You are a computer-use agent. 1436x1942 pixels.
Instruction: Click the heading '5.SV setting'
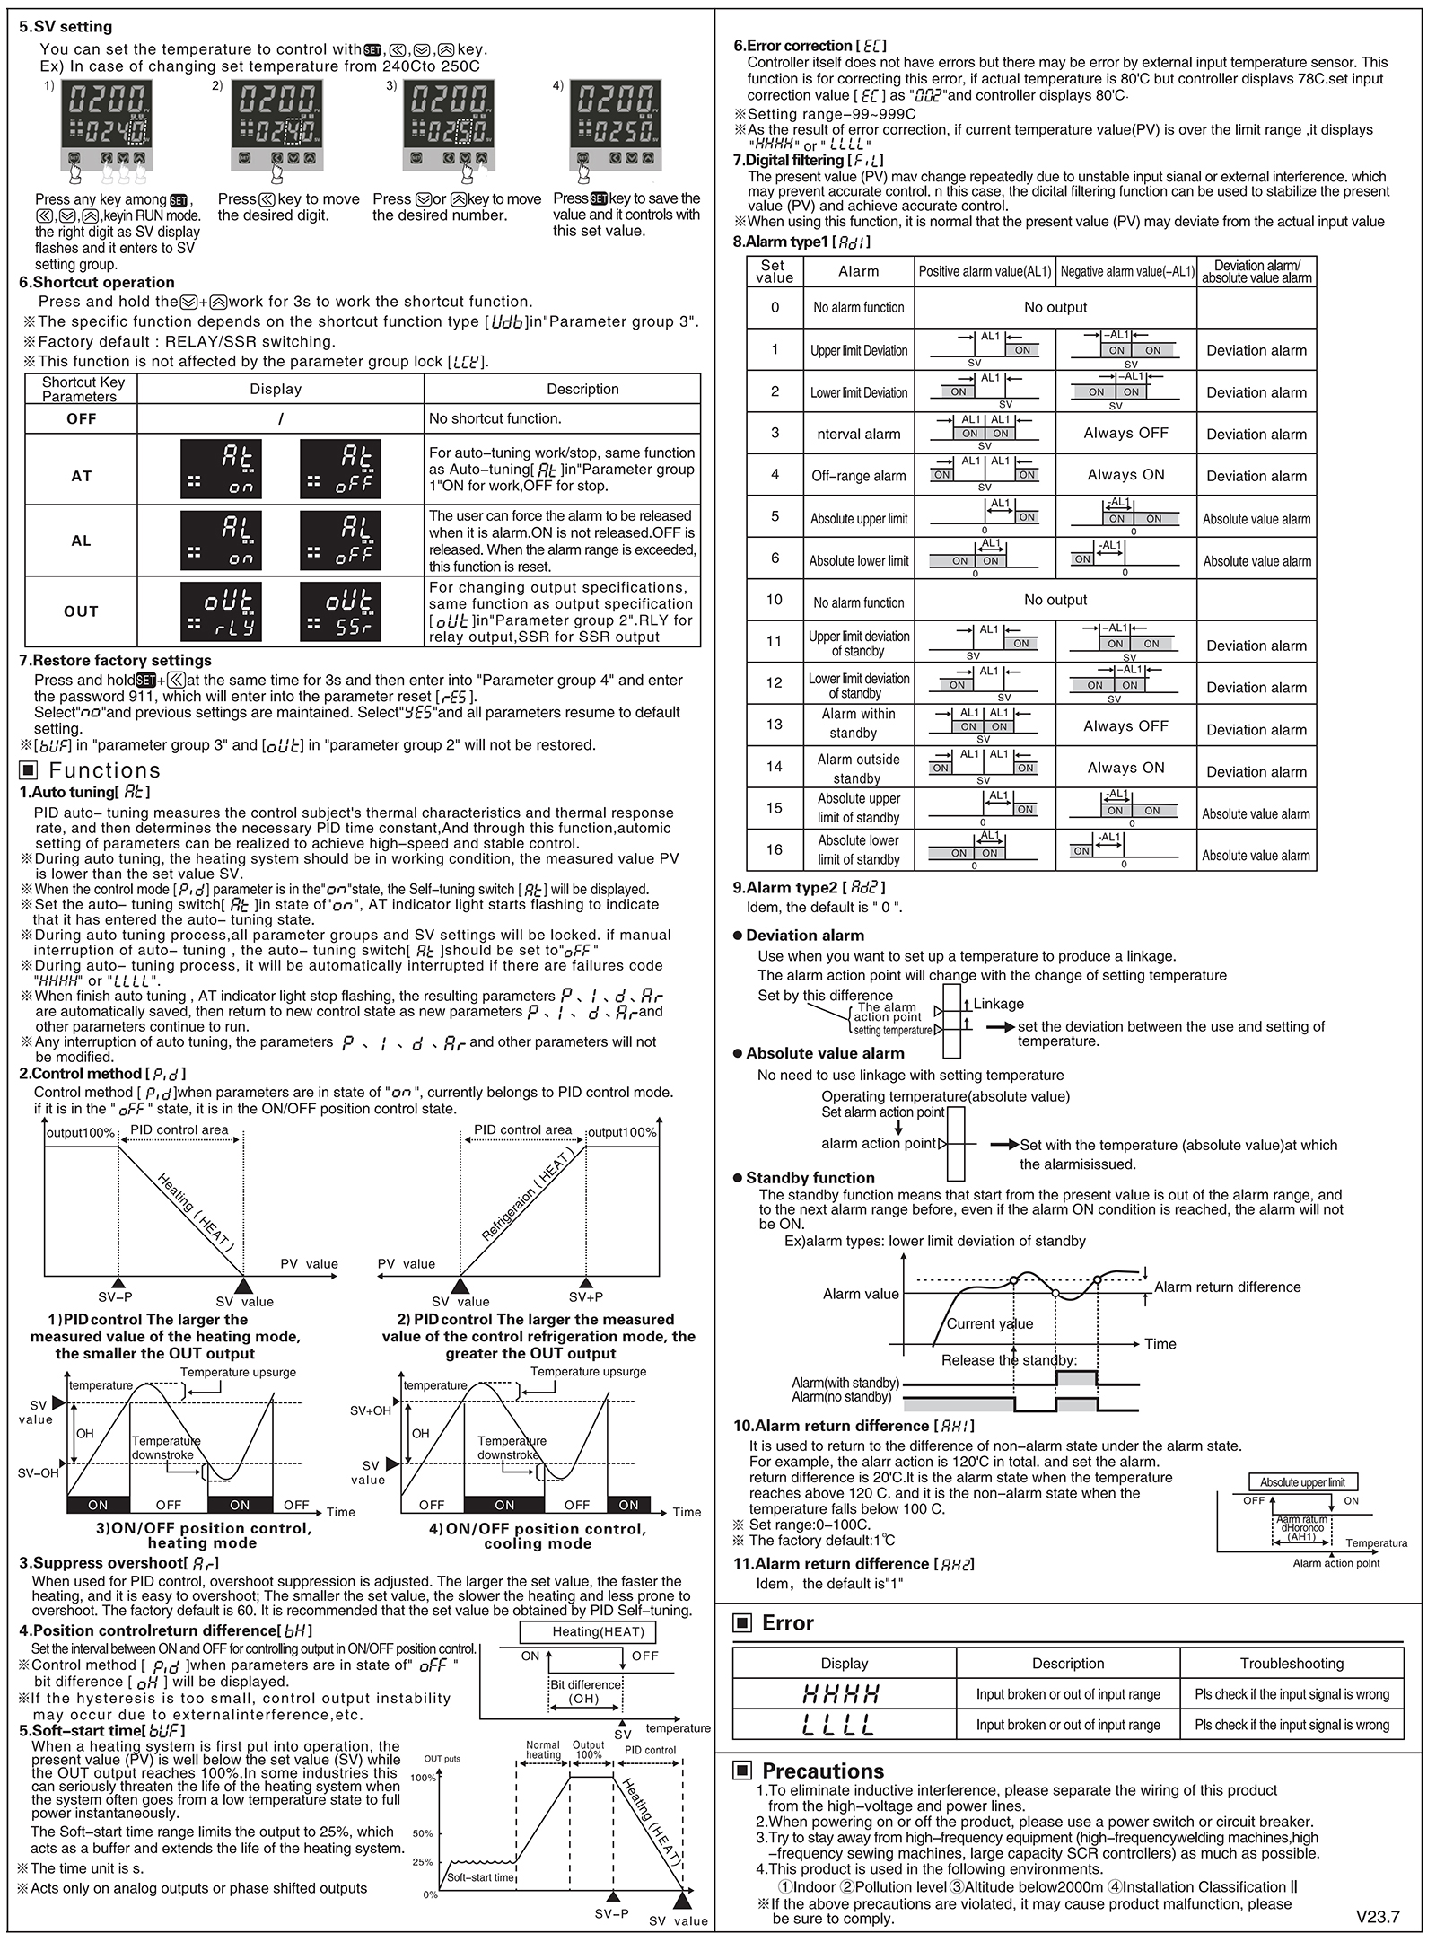coord(66,27)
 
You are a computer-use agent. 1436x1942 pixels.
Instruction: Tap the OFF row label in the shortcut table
coord(81,418)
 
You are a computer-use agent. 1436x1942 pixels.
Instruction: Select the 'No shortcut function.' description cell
coord(495,418)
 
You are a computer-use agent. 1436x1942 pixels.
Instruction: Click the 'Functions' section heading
coord(104,770)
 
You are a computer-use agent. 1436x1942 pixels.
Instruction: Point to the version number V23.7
coord(1377,1917)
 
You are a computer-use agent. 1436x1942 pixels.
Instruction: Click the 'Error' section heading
coord(787,1623)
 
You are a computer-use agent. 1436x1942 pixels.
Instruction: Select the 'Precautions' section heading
coord(822,1771)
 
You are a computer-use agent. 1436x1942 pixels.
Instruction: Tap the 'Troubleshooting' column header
coord(1292,1663)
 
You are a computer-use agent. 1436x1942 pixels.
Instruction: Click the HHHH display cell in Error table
coord(843,1694)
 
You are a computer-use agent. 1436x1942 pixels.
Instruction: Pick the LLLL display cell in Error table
coord(843,1725)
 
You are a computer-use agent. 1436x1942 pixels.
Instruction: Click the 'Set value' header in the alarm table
coord(774,271)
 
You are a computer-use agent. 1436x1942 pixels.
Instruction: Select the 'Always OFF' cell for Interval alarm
coord(1125,433)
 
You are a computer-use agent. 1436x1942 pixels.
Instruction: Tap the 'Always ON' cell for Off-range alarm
coord(1125,475)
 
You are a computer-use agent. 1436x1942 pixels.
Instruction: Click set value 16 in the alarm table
coord(774,849)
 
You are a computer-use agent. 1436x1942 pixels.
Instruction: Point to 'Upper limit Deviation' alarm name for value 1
coord(859,350)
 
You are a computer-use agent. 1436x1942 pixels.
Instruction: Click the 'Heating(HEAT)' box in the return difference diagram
coord(598,1631)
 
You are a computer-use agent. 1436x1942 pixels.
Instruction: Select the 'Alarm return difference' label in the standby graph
coord(1227,1287)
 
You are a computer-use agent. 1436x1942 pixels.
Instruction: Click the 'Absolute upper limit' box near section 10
coord(1302,1482)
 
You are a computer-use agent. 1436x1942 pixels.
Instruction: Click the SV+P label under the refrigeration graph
coord(586,1296)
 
